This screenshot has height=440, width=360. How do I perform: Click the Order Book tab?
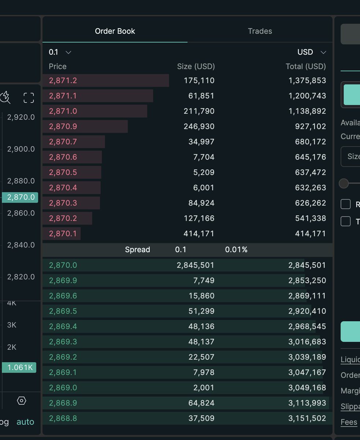115,31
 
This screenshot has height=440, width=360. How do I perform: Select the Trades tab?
260,31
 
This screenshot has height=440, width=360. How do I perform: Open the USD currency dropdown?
311,52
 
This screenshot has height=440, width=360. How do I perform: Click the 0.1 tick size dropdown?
60,52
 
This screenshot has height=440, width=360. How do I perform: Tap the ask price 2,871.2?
63,80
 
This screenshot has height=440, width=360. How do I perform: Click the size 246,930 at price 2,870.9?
199,126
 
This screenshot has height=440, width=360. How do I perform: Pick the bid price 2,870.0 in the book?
63,265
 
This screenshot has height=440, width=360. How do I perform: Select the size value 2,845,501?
195,265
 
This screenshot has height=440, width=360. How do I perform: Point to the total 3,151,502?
307,418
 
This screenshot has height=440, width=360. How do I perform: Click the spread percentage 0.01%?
236,250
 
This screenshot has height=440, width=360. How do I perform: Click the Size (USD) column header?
196,66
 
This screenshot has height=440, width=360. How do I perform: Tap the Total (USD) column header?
305,66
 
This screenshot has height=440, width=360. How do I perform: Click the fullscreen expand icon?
29,98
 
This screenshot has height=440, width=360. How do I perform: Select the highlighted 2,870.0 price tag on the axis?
20,197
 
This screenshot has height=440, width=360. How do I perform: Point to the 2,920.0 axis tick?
21,117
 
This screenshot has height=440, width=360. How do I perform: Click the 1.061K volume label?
19,367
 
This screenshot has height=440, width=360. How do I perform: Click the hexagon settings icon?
22,401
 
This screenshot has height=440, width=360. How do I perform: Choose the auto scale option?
25,422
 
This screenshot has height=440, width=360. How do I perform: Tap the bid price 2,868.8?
63,418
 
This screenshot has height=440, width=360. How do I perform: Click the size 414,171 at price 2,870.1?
199,234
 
